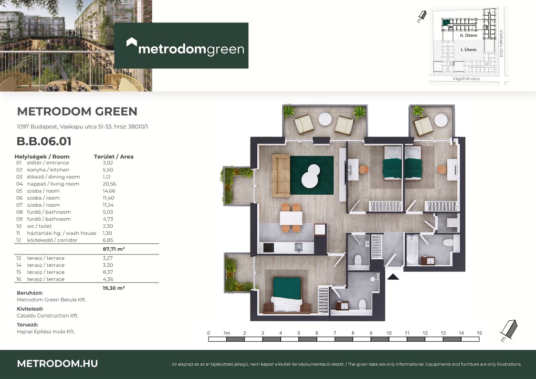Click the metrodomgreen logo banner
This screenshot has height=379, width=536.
click(x=181, y=45)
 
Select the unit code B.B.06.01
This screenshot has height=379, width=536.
click(x=44, y=141)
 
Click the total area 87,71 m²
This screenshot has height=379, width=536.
click(x=114, y=249)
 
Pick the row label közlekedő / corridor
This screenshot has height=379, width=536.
click(x=52, y=240)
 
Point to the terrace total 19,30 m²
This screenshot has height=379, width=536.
click(x=114, y=288)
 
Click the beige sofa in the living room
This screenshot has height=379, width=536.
click(x=281, y=176)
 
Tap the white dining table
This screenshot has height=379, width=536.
click(x=291, y=218)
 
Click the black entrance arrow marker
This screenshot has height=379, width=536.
click(x=393, y=277)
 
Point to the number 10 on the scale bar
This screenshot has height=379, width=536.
click(x=389, y=333)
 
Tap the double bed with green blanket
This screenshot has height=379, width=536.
click(x=287, y=294)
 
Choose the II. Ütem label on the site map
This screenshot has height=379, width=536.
click(x=468, y=35)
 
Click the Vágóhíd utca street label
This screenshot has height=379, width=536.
click(x=466, y=79)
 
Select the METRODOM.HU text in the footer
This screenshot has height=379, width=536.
click(x=57, y=364)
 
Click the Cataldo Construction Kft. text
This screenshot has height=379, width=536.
click(x=48, y=316)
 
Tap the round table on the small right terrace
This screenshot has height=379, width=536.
click(x=441, y=120)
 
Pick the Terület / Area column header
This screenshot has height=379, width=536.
click(x=114, y=157)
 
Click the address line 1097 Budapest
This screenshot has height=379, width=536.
click(x=83, y=126)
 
